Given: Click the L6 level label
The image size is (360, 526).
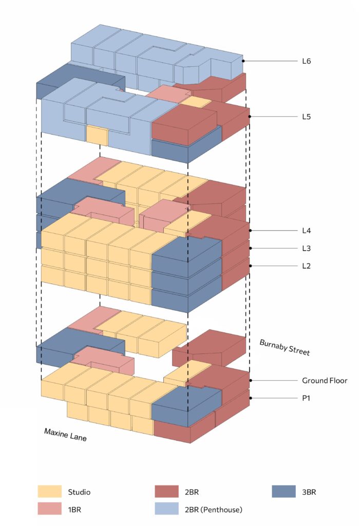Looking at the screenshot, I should pos(307,61).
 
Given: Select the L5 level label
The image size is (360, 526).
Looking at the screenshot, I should pos(307,117).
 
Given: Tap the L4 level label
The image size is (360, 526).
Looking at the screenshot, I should pos(307,231).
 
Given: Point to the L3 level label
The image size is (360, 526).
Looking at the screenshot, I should pos(307,248).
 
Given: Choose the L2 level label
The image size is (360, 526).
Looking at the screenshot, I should pos(307,266).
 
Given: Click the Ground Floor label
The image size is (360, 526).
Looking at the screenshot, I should pos(325,381).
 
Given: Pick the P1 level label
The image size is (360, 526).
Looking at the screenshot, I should pos(306,398).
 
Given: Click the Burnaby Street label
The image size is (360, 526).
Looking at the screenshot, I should pos(284,348).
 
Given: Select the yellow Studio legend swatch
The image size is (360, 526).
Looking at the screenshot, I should pos(49,492).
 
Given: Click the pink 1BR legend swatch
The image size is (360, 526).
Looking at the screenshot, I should pos(49,509).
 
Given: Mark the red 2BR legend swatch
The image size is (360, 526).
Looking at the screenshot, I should pos(167,492).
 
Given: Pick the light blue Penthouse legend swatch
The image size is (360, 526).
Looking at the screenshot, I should pos(167,509).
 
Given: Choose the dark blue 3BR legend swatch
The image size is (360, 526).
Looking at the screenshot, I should pos(283,492).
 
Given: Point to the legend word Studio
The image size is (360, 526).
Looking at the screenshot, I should pos(79,492).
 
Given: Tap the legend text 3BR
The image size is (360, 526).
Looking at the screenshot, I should pos(309,492).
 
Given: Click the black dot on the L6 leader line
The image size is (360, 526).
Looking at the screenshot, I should pos(243,61).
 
